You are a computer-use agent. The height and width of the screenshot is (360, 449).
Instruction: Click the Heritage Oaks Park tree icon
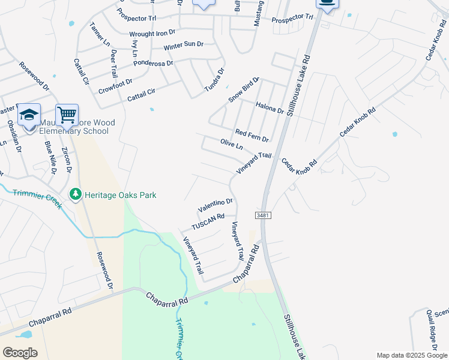pos(76,194)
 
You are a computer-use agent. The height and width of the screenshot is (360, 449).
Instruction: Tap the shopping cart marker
pos(67,115)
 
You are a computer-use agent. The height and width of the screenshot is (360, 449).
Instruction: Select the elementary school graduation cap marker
pos(29,115)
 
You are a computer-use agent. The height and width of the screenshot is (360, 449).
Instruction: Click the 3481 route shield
pos(262,215)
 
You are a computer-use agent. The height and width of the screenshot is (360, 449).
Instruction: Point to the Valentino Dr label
pos(215,205)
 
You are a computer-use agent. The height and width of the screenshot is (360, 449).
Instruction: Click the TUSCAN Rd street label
pos(208,221)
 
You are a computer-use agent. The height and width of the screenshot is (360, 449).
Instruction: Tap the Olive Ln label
pos(231,145)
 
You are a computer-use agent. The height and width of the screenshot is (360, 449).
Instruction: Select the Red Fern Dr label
pos(252,135)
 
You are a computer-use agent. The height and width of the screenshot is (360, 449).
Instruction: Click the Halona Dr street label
pos(270,108)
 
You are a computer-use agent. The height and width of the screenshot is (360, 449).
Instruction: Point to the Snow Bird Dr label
pos(243,89)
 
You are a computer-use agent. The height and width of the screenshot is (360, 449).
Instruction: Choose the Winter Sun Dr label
pos(184,46)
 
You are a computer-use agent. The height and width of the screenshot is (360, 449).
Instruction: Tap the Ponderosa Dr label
pos(153,62)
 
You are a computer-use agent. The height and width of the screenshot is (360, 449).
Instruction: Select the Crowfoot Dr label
pos(115,86)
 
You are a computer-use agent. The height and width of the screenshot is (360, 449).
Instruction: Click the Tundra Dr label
pos(214,80)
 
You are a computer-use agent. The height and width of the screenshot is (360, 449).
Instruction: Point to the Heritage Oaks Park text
pos(120,195)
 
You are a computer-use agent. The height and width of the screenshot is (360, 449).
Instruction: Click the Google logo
pos(20,352)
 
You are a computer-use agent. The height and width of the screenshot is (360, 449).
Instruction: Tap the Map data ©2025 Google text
pos(411,355)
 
